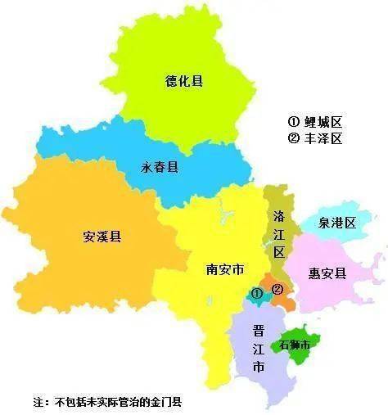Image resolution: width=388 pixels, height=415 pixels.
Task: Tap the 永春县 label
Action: (x=160, y=167)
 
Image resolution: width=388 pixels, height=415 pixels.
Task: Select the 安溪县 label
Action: (x=102, y=237)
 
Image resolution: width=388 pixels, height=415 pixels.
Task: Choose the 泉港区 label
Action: (x=338, y=223)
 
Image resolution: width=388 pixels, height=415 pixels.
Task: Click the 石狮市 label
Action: (x=296, y=345)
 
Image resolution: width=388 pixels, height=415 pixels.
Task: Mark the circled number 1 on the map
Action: (x=256, y=292)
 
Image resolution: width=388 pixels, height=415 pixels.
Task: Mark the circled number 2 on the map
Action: (x=278, y=289)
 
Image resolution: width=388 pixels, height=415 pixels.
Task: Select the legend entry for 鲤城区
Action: (x=314, y=121)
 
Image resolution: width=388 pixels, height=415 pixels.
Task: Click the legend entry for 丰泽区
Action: (x=314, y=138)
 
